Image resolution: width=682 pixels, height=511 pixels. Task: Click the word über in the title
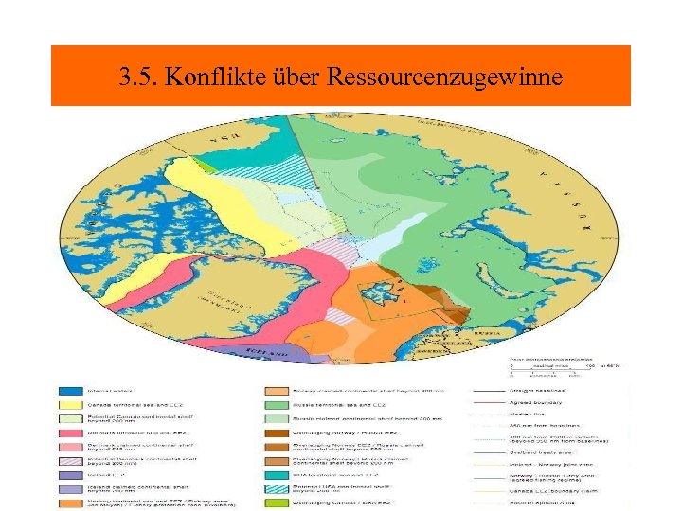pos(288,77)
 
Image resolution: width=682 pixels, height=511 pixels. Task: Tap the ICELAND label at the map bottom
pos(267,352)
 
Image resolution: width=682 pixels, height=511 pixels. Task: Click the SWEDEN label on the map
pos(445,353)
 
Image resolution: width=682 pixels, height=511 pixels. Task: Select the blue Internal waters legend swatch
pos(69,389)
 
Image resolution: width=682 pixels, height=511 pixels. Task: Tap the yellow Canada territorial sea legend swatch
pos(69,403)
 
